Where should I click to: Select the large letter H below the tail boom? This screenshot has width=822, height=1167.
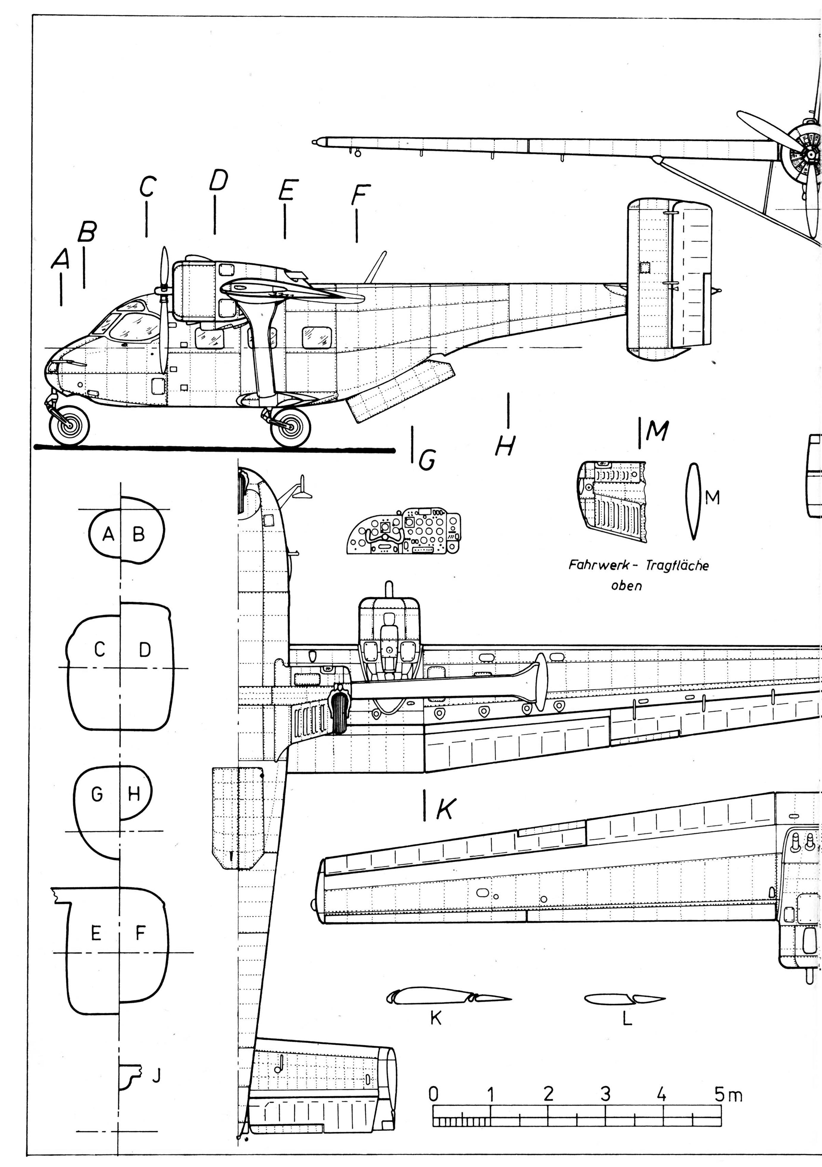(505, 446)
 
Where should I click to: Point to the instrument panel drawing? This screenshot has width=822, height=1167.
(404, 530)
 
